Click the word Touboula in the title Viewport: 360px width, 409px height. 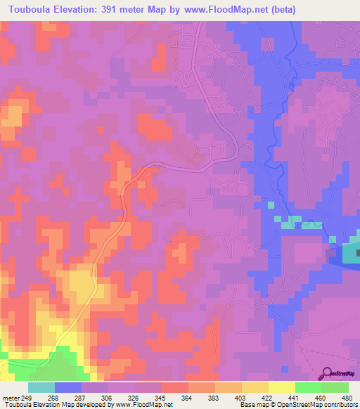(x=34, y=10)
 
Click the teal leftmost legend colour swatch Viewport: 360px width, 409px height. (x=41, y=387)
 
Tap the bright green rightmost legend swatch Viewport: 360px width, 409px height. (x=335, y=387)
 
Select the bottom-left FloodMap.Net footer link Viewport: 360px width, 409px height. (x=147, y=405)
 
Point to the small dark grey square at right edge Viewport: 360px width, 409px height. (x=357, y=252)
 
